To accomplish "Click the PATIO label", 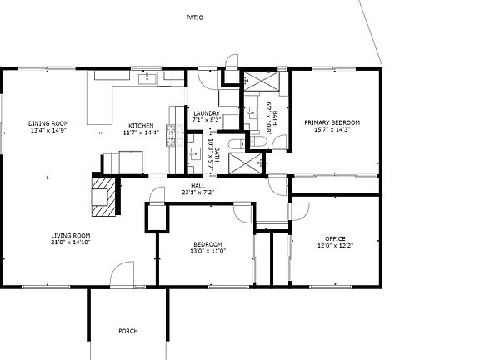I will (194, 17).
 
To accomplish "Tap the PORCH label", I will (127, 331).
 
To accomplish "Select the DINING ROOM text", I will (48, 123).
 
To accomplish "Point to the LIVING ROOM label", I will (70, 236).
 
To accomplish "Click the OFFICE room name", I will (335, 238).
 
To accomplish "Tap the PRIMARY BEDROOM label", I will (332, 122).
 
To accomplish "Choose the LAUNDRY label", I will (206, 113).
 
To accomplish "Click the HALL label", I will (197, 186).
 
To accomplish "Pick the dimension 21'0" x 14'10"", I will (70, 243).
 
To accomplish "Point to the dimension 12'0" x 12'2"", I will (335, 246).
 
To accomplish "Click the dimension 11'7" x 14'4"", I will (140, 132).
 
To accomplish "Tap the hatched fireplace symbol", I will (104, 193).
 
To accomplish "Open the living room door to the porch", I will (122, 275).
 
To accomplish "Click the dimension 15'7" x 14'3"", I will (332, 130).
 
